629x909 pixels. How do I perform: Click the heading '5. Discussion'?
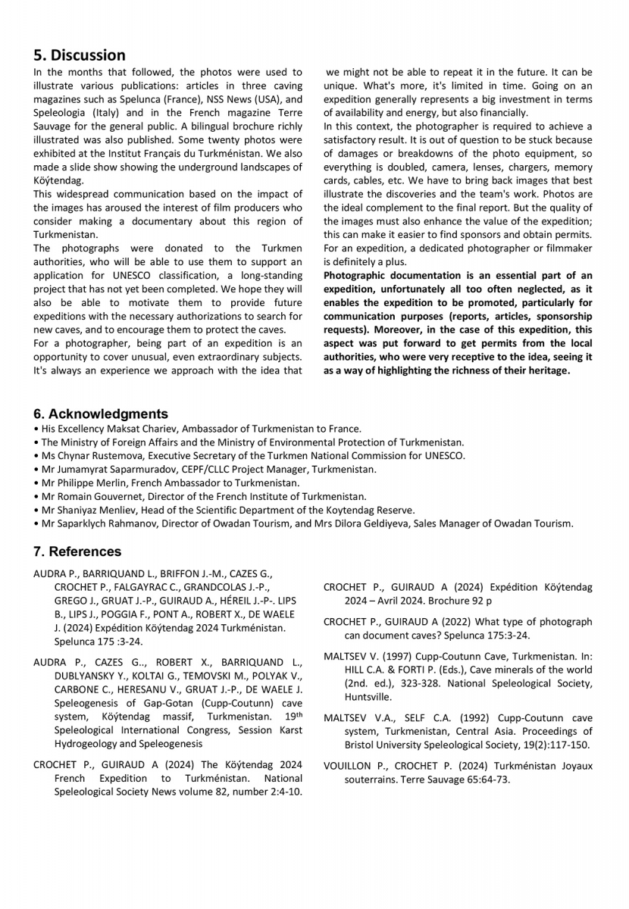80,55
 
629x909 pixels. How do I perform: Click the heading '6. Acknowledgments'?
101,414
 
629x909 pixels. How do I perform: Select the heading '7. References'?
77,551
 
